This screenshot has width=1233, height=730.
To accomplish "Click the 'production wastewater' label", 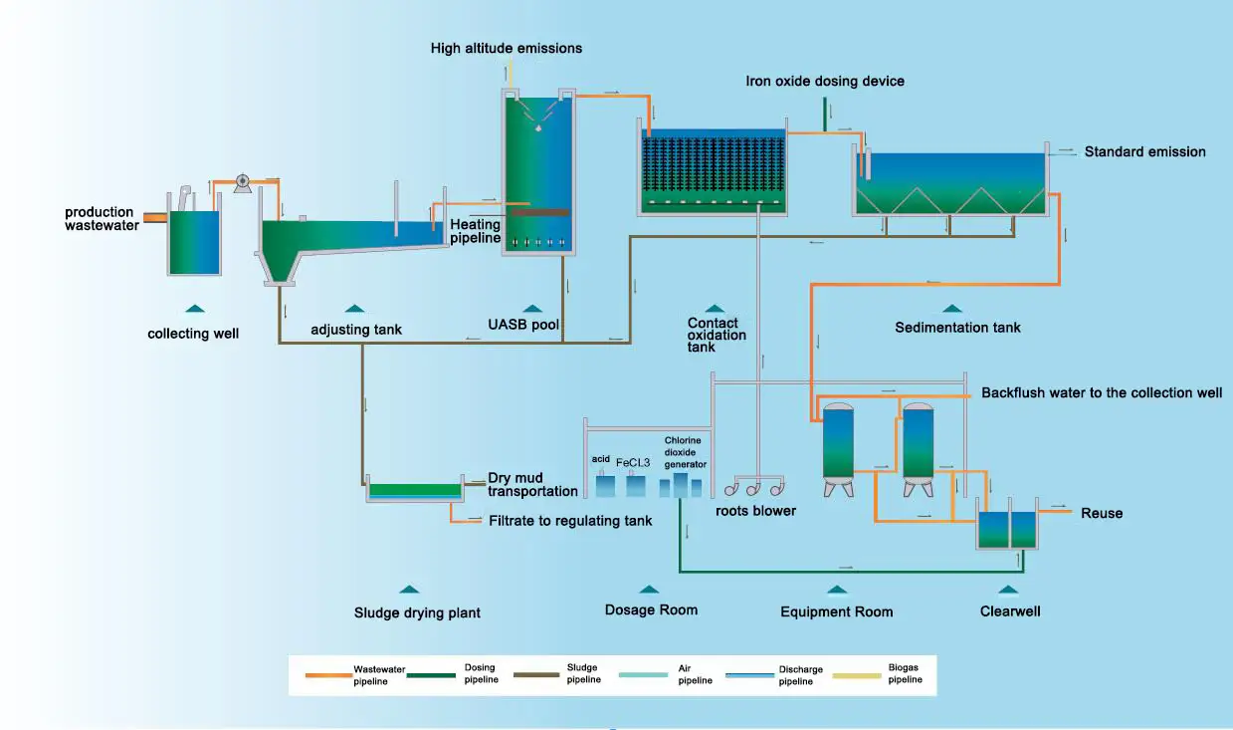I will coord(100,218).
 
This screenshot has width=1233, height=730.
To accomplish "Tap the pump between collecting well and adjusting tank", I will coord(241,182).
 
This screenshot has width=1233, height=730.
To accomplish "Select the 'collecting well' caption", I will coord(193,334).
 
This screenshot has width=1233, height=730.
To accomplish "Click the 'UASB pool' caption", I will coord(523,325).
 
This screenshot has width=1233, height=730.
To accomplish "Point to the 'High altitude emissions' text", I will coord(506,48).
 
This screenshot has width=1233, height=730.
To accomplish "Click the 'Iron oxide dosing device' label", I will coord(825,81).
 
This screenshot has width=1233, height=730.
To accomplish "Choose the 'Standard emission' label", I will coord(1144,152).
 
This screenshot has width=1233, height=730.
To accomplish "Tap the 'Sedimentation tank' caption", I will coord(957,327).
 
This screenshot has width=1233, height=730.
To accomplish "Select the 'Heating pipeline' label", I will coord(475,231).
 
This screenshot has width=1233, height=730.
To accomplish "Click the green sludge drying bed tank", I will coord(415,490).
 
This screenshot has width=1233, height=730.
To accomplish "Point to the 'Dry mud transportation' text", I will coord(532,484).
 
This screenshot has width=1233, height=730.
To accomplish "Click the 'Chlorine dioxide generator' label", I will coord(686,451).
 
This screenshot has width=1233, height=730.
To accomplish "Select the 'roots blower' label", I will coord(755,511).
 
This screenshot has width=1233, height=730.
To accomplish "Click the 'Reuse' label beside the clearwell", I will coord(1102,513).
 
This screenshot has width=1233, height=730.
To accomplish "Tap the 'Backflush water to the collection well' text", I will coord(1102,392).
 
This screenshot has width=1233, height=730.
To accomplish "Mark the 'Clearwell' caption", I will coord(1010,610).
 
